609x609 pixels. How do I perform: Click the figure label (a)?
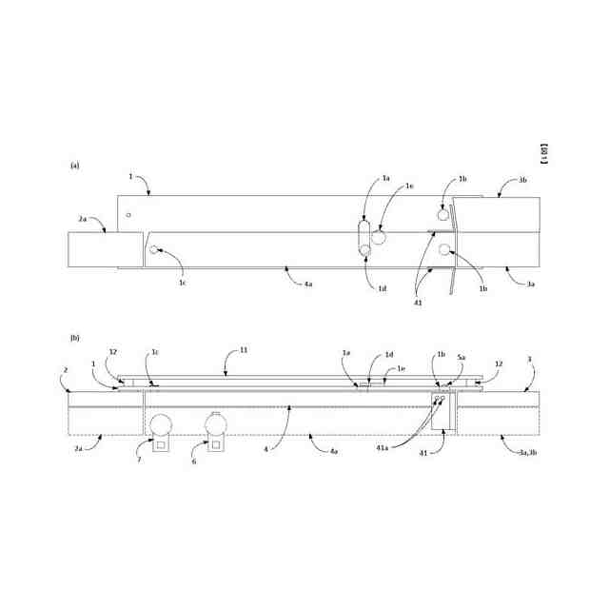tap(74, 164)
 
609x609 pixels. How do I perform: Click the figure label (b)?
tap(74, 337)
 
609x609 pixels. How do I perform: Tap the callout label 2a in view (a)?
tap(83, 220)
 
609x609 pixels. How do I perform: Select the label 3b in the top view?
tap(522, 180)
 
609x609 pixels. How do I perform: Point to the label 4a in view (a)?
tap(308, 284)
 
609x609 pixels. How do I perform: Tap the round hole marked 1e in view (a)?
tap(379, 236)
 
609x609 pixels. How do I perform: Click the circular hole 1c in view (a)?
tap(154, 251)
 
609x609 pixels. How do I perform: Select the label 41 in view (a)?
tap(417, 303)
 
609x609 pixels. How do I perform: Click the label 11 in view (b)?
tap(244, 350)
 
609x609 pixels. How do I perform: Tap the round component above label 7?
tap(160, 423)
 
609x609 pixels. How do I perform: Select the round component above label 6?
tap(216, 423)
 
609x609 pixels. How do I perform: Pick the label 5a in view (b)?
tap(461, 358)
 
